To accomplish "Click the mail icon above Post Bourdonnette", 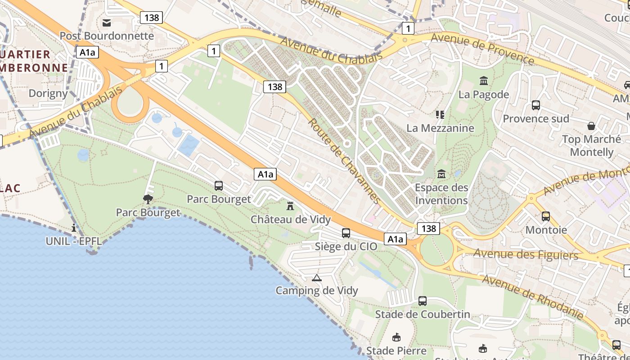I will pyautogui.click(x=107, y=22).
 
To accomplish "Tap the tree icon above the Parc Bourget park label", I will pyautogui.click(x=148, y=199).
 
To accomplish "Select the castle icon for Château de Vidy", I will pyautogui.click(x=290, y=206).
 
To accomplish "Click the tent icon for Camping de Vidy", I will pyautogui.click(x=317, y=278).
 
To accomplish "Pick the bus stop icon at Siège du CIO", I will pyautogui.click(x=346, y=233).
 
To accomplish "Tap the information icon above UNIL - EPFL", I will pyautogui.click(x=74, y=228).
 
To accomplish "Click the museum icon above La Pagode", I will pyautogui.click(x=484, y=81).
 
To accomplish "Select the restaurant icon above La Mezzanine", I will pyautogui.click(x=440, y=115).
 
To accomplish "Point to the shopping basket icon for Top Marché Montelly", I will pyautogui.click(x=591, y=126).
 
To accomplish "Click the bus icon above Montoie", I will pyautogui.click(x=546, y=216).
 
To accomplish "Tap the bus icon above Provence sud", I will pyautogui.click(x=535, y=105).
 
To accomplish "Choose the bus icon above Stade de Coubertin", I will pyautogui.click(x=423, y=301).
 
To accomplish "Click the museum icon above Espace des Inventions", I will pyautogui.click(x=441, y=174).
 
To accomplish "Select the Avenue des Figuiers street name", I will pyautogui.click(x=526, y=254).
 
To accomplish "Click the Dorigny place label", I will pyautogui.click(x=48, y=94).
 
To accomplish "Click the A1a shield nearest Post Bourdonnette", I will pyautogui.click(x=87, y=52).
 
